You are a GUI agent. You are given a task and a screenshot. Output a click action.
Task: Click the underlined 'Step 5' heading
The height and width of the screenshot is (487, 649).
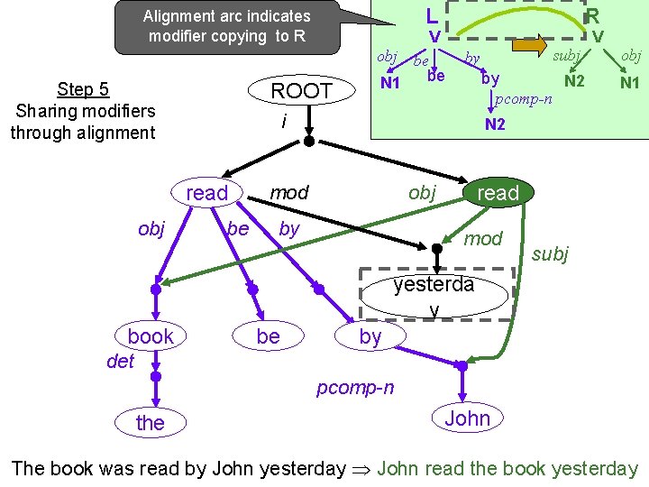point(83,88)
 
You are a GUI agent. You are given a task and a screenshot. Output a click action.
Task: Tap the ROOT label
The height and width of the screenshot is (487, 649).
point(302,91)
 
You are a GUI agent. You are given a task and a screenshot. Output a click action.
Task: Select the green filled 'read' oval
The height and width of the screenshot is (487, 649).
point(498,193)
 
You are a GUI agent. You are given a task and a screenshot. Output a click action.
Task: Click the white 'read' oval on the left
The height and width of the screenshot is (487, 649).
point(207,193)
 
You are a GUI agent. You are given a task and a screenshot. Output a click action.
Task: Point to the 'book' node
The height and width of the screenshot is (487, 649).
point(151,336)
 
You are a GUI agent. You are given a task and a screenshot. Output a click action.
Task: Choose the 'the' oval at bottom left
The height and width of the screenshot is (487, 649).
point(151,422)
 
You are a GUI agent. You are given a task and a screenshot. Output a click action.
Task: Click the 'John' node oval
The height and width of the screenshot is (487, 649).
point(467,418)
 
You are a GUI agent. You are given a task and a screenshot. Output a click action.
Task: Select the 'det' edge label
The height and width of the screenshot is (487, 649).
point(119,362)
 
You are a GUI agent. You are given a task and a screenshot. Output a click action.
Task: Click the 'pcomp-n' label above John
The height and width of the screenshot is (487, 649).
point(354,388)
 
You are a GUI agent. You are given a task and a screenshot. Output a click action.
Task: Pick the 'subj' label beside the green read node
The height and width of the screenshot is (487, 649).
point(550,254)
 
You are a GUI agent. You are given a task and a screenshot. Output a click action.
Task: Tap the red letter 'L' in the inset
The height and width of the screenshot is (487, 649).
point(433,16)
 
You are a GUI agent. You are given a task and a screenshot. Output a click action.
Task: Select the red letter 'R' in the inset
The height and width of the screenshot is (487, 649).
point(592,16)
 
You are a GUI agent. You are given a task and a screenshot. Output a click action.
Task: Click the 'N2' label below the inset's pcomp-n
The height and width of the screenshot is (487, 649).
point(495,124)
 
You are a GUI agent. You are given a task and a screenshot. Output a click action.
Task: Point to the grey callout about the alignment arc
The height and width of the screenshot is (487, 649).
point(226,26)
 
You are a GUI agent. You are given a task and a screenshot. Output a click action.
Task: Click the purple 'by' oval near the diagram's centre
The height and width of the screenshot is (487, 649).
point(370,336)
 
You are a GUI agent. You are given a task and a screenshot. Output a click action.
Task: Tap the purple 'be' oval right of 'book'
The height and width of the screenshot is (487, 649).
point(268,336)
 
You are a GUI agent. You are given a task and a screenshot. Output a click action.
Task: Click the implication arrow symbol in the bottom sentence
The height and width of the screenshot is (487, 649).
point(362,469)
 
